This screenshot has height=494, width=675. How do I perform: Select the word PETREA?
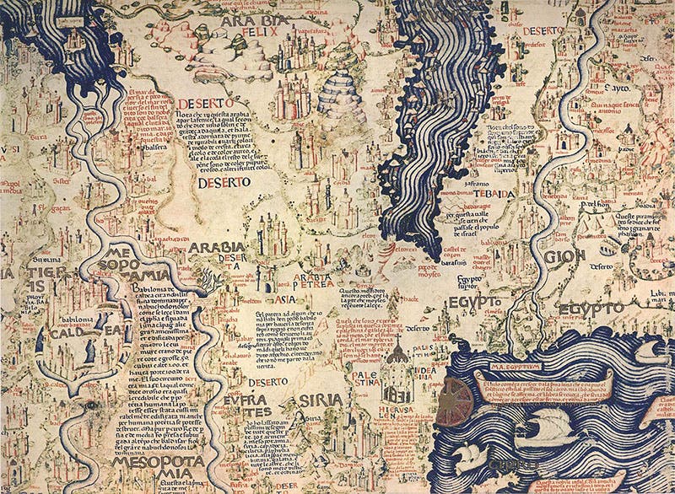click(318, 273)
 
